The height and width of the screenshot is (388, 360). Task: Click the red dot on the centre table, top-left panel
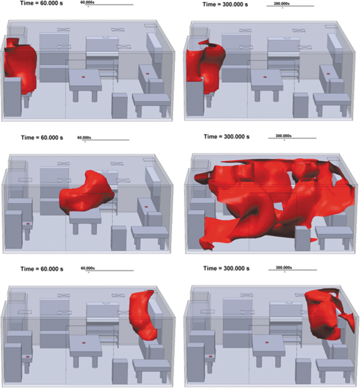[x=83, y=76]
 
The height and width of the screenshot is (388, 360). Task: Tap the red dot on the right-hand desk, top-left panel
[x=146, y=74]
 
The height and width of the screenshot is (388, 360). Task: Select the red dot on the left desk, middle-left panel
[x=28, y=223]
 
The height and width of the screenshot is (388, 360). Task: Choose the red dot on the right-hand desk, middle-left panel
[x=146, y=206]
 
